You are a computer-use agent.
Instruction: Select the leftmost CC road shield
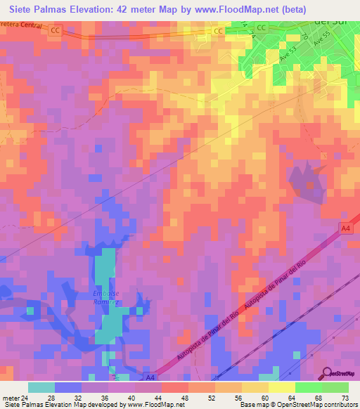[x=56, y=31]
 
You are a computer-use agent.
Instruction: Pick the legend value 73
[x=345, y=398]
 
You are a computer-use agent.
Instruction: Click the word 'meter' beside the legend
[x=10, y=398]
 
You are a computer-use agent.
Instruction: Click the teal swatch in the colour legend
[x=41, y=387]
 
